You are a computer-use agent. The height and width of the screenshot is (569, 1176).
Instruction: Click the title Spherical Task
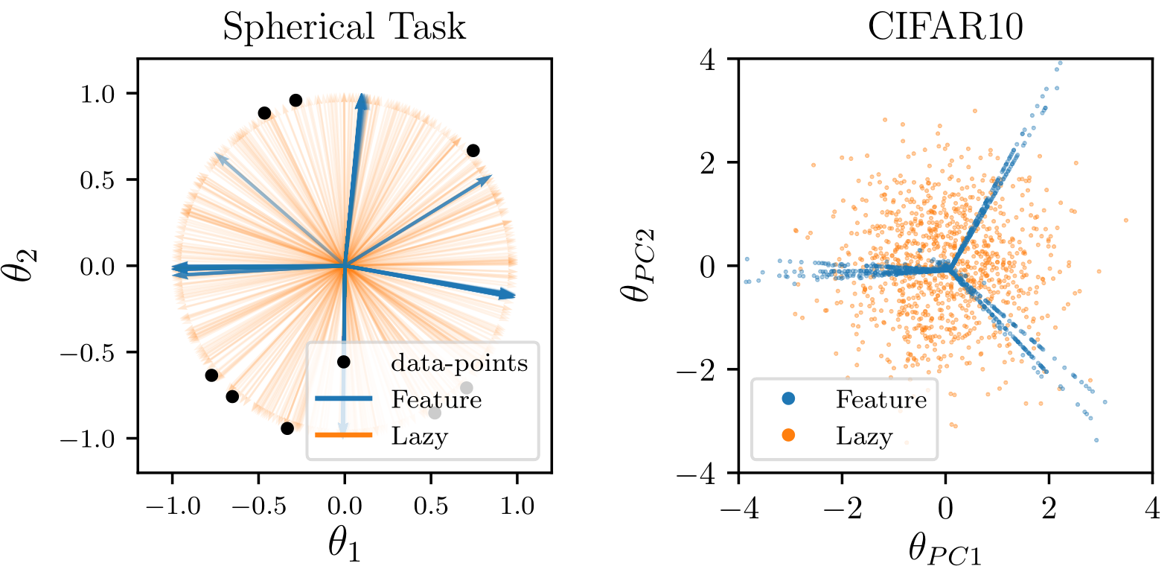[x=344, y=27]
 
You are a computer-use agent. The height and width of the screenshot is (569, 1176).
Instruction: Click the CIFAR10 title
[x=945, y=27]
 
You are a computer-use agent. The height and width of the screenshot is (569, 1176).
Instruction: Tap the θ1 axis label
[x=344, y=544]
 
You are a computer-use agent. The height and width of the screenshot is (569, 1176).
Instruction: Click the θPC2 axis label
[x=639, y=265]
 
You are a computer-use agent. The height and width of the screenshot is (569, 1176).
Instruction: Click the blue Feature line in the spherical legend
[x=343, y=399]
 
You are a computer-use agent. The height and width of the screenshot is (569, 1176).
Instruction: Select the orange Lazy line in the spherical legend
[x=343, y=436]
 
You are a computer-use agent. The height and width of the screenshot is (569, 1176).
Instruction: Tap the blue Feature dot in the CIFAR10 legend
[x=788, y=399]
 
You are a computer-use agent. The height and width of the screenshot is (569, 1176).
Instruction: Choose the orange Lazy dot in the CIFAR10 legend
[x=788, y=436]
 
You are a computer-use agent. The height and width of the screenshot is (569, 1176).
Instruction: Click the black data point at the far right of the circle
[x=473, y=150]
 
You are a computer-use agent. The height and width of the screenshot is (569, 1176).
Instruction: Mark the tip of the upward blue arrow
[x=362, y=95]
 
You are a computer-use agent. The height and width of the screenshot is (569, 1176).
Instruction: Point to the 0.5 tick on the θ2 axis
[x=98, y=180]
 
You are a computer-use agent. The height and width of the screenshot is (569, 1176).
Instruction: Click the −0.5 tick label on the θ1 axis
[x=258, y=506]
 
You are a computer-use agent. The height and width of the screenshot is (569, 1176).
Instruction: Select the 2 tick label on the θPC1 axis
[x=1049, y=509]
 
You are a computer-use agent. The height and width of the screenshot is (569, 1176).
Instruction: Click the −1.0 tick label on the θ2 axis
[x=88, y=439]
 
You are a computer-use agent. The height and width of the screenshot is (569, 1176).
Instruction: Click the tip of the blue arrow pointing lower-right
[x=514, y=296]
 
